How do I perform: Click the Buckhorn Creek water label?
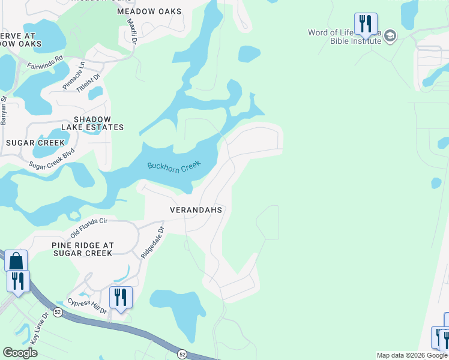coord(174,166)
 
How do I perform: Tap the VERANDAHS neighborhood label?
coord(196,210)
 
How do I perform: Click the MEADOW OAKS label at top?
coord(149,11)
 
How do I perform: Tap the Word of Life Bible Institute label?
coord(345,37)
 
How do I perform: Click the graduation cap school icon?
coord(390,37)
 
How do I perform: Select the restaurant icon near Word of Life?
coord(366,24)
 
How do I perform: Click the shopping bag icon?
coord(16,262)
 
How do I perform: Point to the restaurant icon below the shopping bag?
coord(18,281)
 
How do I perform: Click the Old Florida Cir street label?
coord(88,227)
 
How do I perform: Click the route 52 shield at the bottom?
coord(181,355)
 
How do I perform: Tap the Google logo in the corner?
coord(20,352)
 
